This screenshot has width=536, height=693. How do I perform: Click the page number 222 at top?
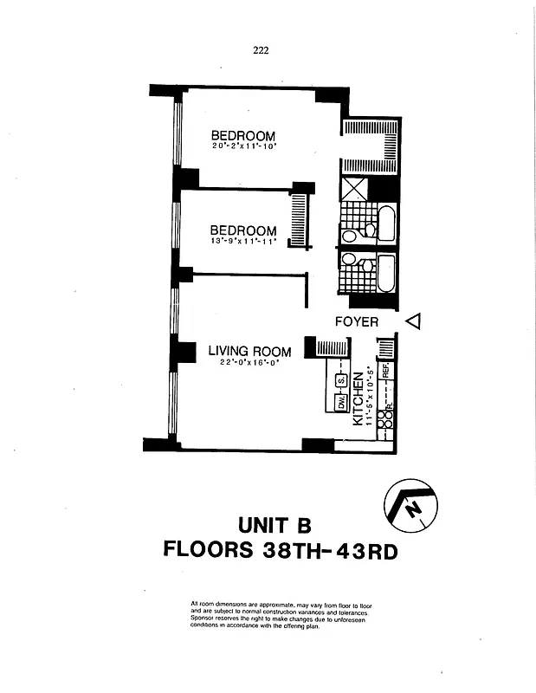[x=261, y=49]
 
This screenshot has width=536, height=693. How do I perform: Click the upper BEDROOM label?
[x=243, y=136]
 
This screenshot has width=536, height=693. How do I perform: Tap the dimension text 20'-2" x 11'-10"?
[x=243, y=146]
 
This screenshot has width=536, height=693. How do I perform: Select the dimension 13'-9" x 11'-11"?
[x=243, y=242]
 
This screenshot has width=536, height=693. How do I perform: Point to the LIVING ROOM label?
[x=249, y=351]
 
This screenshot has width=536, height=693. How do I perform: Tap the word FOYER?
[x=357, y=321]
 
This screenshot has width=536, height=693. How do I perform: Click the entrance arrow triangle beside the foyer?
[x=413, y=321]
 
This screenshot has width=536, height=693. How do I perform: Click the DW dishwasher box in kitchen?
[x=341, y=402]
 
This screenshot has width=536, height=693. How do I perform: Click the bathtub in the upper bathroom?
[x=386, y=223]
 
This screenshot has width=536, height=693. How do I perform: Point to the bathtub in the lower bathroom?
[x=386, y=273]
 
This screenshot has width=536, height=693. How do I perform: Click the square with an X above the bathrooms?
[x=355, y=189]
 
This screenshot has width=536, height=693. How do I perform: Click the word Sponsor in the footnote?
[x=202, y=619]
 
